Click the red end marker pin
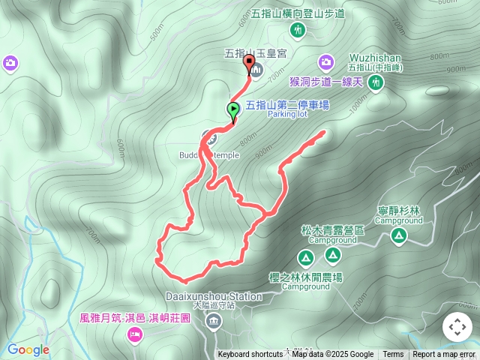248,64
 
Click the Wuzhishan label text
376,57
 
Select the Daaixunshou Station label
211,296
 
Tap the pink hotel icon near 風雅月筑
134,334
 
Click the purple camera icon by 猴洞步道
325,61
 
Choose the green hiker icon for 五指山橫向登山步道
298,30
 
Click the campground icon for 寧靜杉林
398,236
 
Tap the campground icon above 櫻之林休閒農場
305,259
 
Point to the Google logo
28,349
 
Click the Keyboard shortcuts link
250,355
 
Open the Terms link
393,355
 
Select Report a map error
444,355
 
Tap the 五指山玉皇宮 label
254,53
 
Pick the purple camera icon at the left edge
10,61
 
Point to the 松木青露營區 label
332,231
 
